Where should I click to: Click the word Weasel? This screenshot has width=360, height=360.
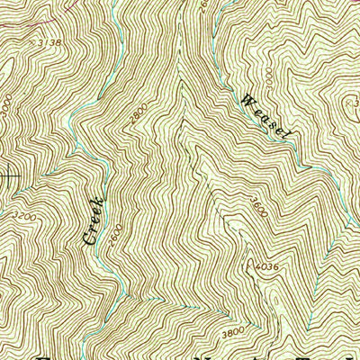(267, 116)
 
